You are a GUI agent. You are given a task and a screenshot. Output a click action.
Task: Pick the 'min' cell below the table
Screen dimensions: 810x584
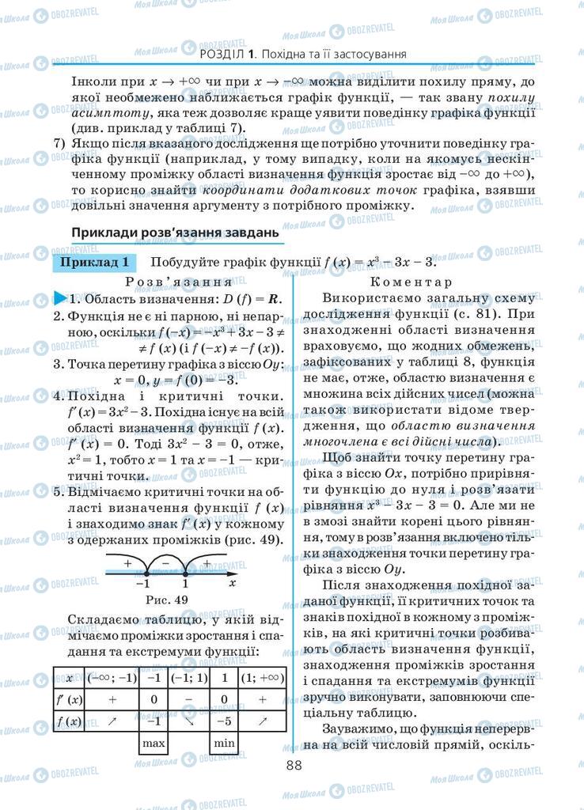point(224,743)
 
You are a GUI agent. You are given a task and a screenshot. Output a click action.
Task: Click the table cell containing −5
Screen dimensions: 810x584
point(224,721)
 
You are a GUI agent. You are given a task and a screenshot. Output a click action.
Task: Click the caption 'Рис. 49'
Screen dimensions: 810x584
point(168,599)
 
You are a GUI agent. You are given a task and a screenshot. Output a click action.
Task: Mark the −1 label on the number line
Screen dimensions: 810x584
point(142,584)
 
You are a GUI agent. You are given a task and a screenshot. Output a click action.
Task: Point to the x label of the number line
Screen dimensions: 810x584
point(232,582)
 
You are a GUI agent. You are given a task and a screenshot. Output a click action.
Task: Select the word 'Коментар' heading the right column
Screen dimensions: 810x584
point(411,282)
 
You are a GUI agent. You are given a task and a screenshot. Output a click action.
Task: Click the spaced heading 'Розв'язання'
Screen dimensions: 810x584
point(177,282)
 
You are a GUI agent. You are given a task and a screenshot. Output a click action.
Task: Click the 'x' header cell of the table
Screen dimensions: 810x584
point(70,678)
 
